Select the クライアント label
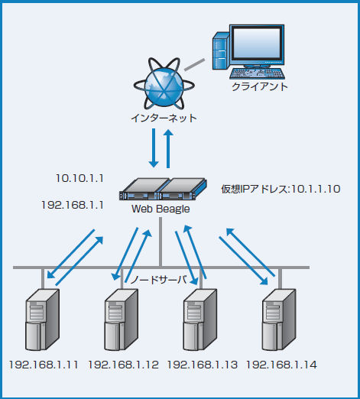[260, 88]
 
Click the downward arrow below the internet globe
[154, 148]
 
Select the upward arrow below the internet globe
[170, 148]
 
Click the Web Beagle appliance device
[164, 190]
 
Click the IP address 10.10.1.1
[79, 177]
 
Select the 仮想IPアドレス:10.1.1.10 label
[280, 188]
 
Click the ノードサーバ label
[157, 280]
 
